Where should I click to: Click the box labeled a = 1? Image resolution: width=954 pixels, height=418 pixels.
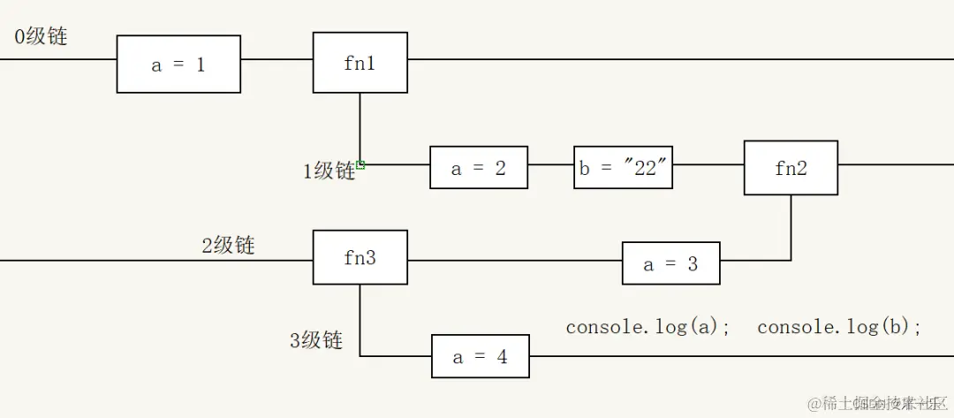[x=178, y=65]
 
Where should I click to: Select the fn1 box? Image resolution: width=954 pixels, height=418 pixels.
[x=360, y=63]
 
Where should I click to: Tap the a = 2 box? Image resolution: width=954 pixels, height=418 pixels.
[x=479, y=168]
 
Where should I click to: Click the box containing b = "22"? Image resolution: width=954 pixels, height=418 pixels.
[x=624, y=168]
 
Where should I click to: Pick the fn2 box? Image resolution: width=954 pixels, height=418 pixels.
[x=791, y=168]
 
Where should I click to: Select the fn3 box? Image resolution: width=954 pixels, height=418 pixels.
[x=360, y=258]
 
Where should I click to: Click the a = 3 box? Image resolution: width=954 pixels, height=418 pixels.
[x=670, y=263]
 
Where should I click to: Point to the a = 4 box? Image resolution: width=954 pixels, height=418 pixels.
[x=480, y=357]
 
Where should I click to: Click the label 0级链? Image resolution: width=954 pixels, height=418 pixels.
[x=41, y=37]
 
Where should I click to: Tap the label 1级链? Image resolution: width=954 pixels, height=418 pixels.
[x=329, y=171]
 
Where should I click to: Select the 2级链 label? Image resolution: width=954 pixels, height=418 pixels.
[x=228, y=245]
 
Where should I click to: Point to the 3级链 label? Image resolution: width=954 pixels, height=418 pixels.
[x=316, y=340]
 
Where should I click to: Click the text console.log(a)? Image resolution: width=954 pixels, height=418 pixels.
[x=648, y=327]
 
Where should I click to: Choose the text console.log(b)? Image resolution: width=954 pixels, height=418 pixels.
[x=839, y=327]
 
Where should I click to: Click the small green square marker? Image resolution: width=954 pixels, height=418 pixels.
[x=361, y=163]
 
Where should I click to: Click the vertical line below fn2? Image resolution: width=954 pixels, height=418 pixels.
[x=791, y=226]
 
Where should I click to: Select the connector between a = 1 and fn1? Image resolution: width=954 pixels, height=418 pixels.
[x=276, y=60]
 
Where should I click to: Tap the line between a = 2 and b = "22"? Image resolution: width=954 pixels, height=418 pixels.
[x=550, y=164]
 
